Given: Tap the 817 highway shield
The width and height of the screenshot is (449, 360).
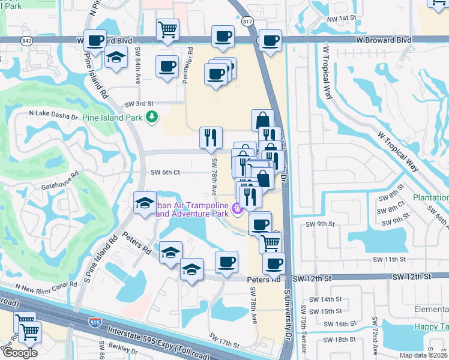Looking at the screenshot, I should [249, 21].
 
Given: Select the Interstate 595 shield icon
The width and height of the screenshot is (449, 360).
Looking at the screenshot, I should [94, 322].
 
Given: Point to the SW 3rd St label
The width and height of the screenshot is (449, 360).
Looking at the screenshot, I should [139, 104].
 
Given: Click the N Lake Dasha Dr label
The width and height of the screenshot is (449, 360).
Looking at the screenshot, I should [54, 112].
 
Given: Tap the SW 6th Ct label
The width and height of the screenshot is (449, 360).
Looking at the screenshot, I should [165, 172].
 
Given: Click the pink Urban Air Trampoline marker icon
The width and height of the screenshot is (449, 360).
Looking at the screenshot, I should [238, 209].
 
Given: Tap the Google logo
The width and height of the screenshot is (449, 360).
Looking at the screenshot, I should [20, 353].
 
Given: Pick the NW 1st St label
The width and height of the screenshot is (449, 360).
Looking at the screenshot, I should [342, 19].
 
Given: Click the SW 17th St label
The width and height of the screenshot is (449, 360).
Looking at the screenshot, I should [224, 340].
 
